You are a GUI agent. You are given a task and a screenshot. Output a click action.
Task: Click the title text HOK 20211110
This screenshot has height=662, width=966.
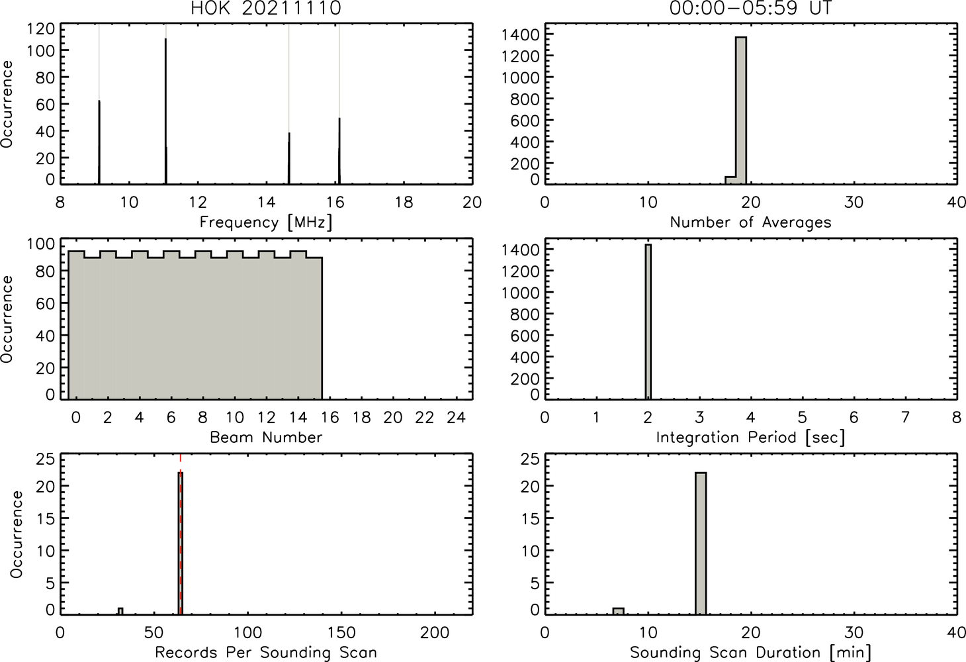click(x=266, y=8)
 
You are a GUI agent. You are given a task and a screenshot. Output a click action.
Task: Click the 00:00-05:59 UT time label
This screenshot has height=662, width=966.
click(x=750, y=8)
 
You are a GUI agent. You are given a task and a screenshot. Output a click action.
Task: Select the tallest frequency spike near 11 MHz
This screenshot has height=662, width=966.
click(x=165, y=111)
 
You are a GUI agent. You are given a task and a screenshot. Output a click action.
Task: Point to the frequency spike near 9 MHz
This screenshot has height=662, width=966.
click(x=99, y=142)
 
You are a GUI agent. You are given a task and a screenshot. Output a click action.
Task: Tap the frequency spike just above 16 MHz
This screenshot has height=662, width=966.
click(x=339, y=151)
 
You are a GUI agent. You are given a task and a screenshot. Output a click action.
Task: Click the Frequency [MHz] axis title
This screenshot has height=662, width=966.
click(x=266, y=222)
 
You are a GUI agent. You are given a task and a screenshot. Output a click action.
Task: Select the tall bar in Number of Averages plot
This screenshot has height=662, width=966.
click(x=741, y=111)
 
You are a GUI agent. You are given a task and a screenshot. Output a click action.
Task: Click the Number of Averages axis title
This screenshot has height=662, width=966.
click(x=750, y=222)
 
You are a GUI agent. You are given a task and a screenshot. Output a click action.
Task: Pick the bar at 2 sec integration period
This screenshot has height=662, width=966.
click(x=648, y=322)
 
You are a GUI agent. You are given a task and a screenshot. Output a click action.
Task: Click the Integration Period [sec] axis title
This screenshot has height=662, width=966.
click(x=750, y=438)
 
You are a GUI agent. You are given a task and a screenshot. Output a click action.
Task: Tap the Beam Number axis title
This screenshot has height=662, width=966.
click(x=266, y=438)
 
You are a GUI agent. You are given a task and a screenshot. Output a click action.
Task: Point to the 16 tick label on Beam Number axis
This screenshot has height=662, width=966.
click(x=330, y=417)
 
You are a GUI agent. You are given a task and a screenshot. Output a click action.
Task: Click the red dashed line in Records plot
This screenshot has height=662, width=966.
click(x=180, y=534)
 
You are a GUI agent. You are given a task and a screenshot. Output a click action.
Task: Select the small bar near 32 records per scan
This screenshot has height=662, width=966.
click(x=120, y=611)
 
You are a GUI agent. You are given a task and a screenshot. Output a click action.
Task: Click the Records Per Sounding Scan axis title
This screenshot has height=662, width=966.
click(x=266, y=653)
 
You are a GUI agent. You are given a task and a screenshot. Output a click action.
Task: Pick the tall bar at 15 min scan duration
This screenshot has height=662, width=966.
click(x=701, y=544)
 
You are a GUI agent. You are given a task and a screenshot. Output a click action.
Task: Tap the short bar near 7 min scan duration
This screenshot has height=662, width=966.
click(x=619, y=611)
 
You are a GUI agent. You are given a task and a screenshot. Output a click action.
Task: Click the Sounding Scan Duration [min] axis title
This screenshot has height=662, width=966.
click(x=750, y=653)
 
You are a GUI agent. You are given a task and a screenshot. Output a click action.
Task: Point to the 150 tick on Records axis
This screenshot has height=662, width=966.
click(x=341, y=633)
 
